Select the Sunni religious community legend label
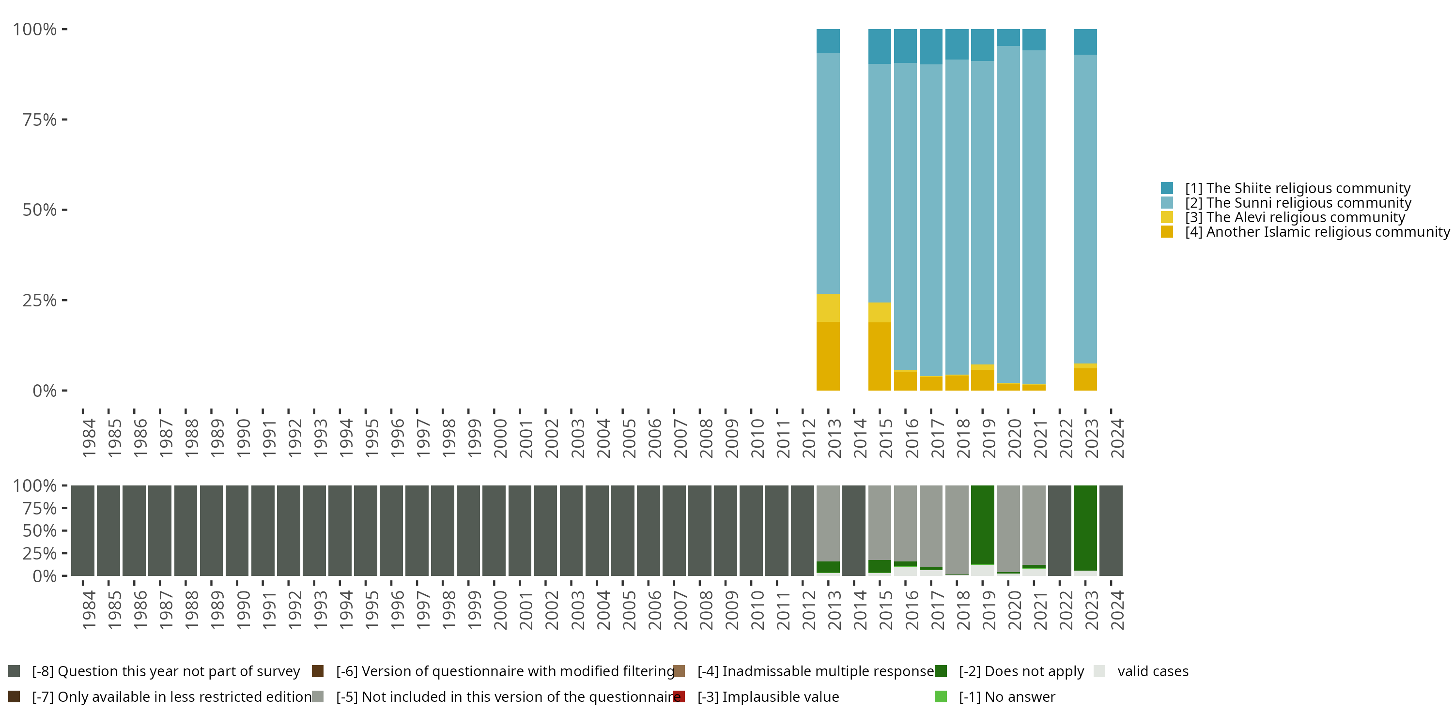pyautogui.click(x=1298, y=203)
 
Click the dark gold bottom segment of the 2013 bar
pyautogui.click(x=828, y=356)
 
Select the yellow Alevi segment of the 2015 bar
pyautogui.click(x=880, y=312)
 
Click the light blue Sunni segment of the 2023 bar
pyautogui.click(x=1085, y=209)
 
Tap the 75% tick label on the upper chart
pyautogui.click(x=40, y=120)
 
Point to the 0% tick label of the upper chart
pyautogui.click(x=44, y=391)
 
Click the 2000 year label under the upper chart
pyautogui.click(x=500, y=438)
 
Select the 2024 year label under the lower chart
pyautogui.click(x=1117, y=610)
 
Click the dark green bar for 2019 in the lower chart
pyautogui.click(x=983, y=524)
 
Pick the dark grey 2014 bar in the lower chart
pyautogui.click(x=853, y=530)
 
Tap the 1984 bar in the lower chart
pyautogui.click(x=82, y=530)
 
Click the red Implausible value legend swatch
pyautogui.click(x=679, y=696)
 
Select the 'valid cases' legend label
pyautogui.click(x=1152, y=671)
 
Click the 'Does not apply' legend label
pyautogui.click(x=1021, y=671)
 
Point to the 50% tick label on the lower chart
pyautogui.click(x=40, y=530)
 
